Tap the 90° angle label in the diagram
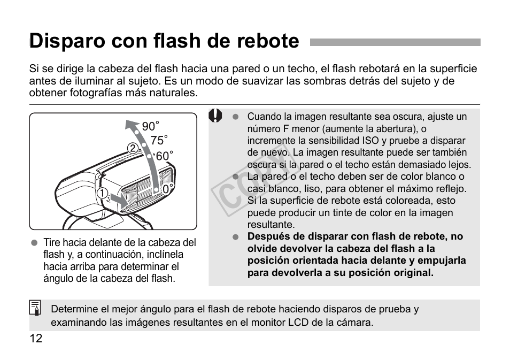point(150,127)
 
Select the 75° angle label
point(159,141)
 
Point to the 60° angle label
point(164,156)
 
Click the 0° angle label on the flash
point(168,189)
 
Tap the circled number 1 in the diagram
point(102,193)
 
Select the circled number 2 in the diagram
point(132,148)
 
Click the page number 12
point(36,339)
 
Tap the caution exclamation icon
point(215,116)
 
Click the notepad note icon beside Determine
point(35,309)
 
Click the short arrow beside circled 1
point(120,200)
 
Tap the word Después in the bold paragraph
point(268,236)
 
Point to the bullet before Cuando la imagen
point(235,117)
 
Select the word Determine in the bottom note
point(74,309)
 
